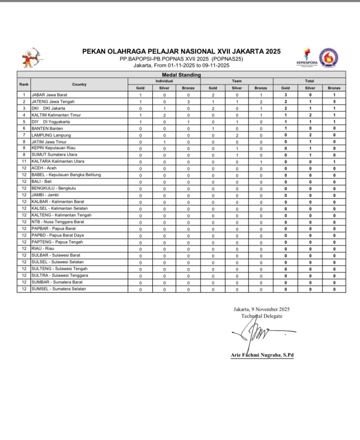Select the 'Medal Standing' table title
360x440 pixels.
pos(181,75)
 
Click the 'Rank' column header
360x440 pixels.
pos(24,84)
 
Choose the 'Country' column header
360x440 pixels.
pos(79,84)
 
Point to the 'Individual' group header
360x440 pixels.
pos(164,81)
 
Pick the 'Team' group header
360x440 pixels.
pos(237,81)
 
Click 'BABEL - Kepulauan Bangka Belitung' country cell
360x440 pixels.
pos(66,175)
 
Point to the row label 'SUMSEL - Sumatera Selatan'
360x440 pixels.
pos(58,289)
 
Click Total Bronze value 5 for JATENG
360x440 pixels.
pos(334,101)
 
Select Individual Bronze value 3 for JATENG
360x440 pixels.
pos(188,101)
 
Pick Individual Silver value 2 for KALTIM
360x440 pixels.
pos(164,115)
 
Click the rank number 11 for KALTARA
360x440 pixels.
pos(24,162)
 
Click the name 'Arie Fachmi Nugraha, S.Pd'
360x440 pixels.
pos(262,355)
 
